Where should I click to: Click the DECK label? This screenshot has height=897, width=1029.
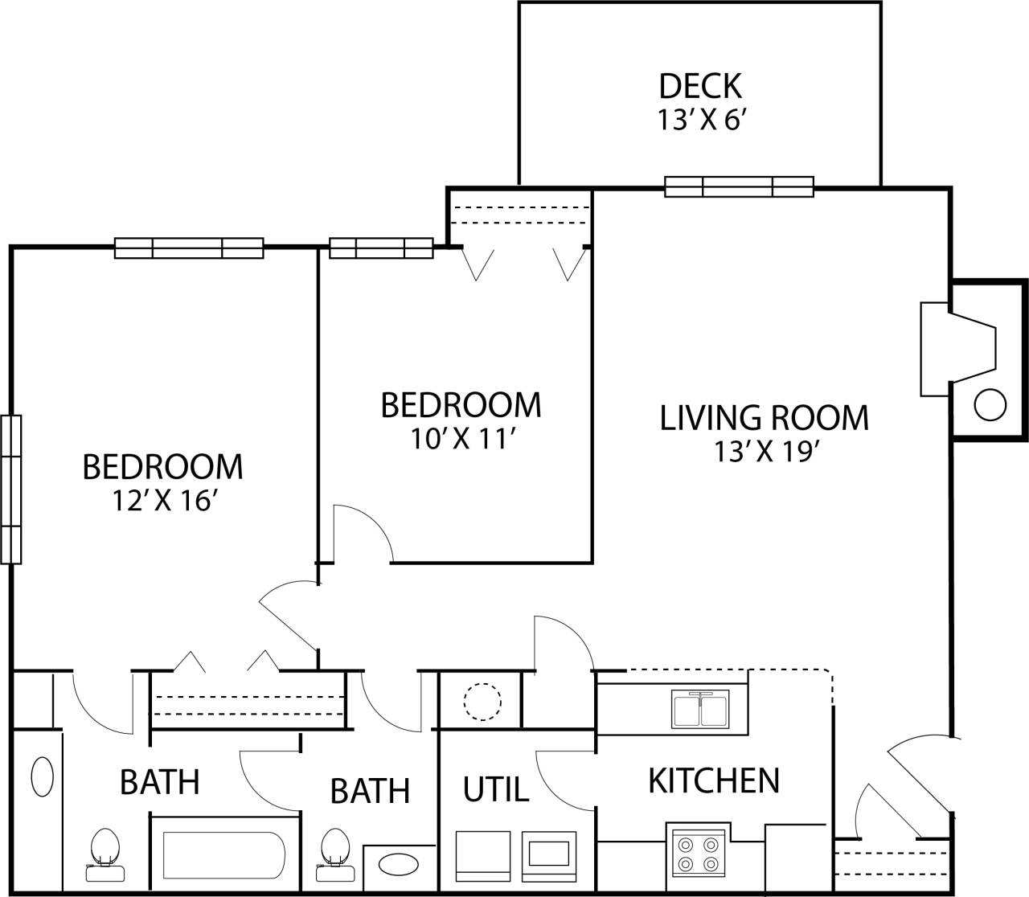tap(699, 85)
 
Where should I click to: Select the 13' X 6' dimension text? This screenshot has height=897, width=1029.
tap(703, 121)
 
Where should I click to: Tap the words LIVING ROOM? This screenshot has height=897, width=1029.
tap(764, 418)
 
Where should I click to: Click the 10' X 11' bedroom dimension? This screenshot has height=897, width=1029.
tap(461, 440)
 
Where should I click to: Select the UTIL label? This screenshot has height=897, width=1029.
tap(496, 789)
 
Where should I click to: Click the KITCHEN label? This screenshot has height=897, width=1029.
tap(714, 780)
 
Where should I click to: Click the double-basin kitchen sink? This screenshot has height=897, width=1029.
tap(700, 708)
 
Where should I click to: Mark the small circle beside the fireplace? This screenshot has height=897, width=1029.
tap(990, 405)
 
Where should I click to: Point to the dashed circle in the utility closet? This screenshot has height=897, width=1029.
tap(482, 700)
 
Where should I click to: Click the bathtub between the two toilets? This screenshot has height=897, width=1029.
tap(223, 855)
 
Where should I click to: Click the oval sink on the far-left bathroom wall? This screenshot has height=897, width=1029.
tap(42, 776)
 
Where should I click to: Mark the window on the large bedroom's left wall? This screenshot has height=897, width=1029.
tap(11, 489)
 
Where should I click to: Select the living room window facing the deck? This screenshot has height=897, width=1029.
tap(739, 186)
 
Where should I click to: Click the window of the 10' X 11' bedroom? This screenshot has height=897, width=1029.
tap(381, 248)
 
